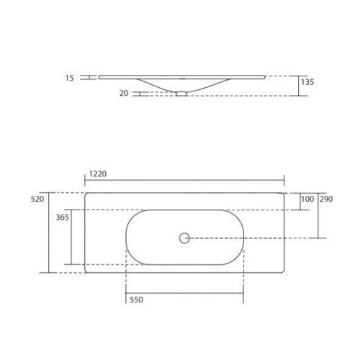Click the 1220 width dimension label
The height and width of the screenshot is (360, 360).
98,174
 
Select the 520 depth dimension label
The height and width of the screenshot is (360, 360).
37,199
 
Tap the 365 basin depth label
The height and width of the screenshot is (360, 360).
62,217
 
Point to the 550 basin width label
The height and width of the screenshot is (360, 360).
136,300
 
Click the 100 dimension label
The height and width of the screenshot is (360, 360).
307,199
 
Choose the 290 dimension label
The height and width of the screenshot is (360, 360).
326,199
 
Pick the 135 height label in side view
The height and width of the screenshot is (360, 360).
307,82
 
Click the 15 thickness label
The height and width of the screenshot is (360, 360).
70,78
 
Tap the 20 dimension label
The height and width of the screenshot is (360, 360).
124,93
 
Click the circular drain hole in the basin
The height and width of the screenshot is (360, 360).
184,238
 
